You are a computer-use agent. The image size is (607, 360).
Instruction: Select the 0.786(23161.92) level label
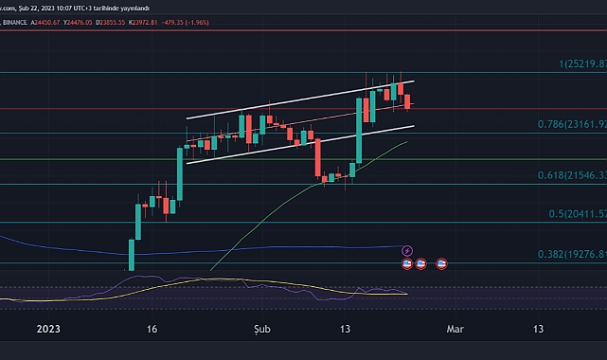[568, 123]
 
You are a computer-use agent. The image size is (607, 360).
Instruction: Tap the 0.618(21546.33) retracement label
[568, 176]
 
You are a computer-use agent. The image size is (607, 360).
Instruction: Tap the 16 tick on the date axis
[152, 329]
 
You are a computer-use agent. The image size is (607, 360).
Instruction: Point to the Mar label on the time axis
[456, 329]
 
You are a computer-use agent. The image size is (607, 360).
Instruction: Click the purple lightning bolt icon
[407, 251]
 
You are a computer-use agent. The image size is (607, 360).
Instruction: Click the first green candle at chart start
[131, 254]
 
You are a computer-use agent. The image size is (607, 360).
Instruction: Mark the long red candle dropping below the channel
[316, 155]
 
